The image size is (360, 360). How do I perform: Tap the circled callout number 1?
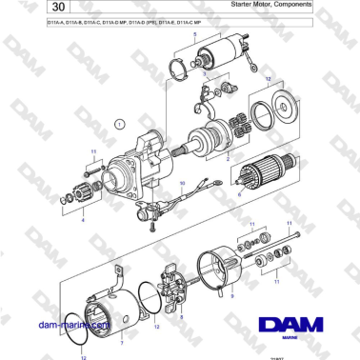[x=119, y=124]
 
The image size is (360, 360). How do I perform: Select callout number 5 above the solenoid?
[x=196, y=34]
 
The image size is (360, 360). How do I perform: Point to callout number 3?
[x=205, y=71]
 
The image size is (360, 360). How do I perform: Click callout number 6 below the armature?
[x=239, y=193]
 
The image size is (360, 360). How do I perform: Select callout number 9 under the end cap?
[x=229, y=297]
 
